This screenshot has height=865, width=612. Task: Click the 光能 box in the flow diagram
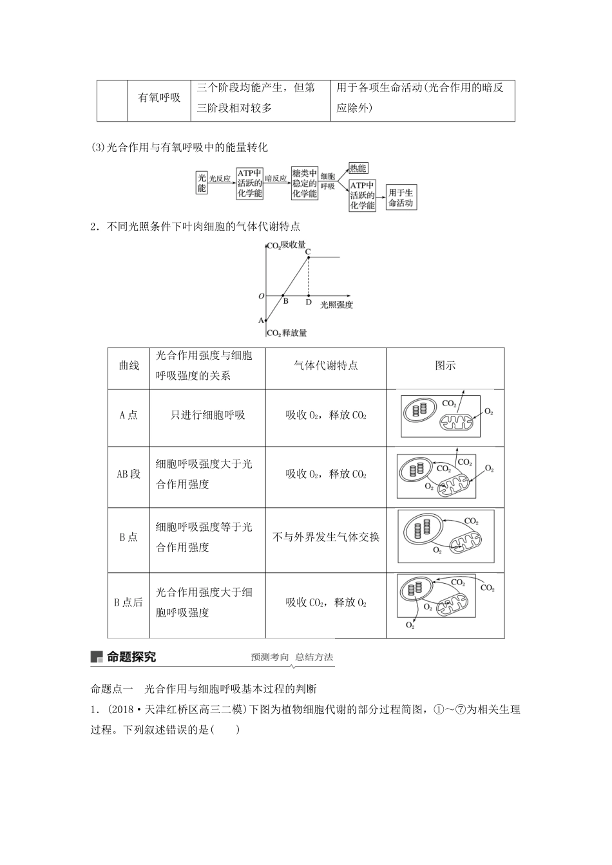(x=202, y=182)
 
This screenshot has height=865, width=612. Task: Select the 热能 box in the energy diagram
(x=358, y=169)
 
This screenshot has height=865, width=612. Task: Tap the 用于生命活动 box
(x=401, y=198)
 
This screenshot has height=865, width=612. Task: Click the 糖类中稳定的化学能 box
(x=304, y=183)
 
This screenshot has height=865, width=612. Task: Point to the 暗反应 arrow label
(x=276, y=178)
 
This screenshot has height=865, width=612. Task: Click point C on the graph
(x=308, y=251)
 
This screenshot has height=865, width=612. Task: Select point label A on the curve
(x=261, y=320)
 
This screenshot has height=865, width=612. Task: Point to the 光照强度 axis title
(x=336, y=304)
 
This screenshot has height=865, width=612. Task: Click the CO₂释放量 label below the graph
(x=287, y=333)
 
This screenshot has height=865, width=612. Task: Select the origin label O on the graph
(x=261, y=296)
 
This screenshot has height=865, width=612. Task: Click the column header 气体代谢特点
(x=325, y=366)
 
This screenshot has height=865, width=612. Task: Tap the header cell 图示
(x=445, y=366)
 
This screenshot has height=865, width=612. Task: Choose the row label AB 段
(x=128, y=474)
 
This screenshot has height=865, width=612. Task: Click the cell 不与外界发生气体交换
(x=326, y=537)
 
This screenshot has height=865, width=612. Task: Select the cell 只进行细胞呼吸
(x=208, y=415)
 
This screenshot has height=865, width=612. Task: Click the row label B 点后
(x=128, y=603)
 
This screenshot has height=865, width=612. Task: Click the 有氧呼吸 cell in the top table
(x=160, y=98)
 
